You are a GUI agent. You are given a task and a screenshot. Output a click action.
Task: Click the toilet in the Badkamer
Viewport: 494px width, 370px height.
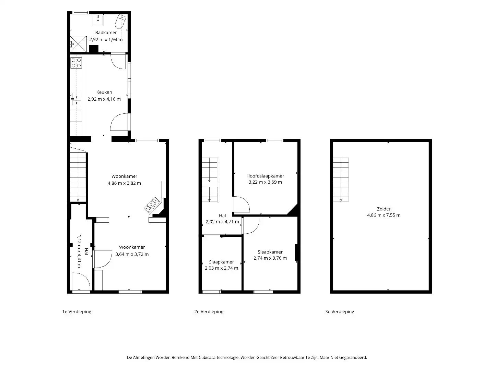[x=120, y=21]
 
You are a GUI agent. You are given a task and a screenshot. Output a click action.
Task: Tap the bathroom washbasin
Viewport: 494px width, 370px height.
[x=98, y=20]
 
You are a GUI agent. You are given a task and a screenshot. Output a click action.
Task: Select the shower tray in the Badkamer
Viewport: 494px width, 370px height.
[x=78, y=44]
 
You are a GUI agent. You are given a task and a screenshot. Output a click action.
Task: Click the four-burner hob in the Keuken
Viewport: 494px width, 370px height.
[x=76, y=63]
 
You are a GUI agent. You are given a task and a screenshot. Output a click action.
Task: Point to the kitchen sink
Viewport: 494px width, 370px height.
[x=77, y=99]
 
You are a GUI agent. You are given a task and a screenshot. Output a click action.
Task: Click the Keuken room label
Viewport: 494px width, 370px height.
[x=104, y=92]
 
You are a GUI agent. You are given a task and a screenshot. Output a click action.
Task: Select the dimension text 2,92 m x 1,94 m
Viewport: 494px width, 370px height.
[x=106, y=39]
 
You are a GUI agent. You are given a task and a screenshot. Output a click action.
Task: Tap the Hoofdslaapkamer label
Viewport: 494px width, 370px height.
[x=265, y=176]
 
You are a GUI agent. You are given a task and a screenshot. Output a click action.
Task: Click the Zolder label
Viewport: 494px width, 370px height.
[x=384, y=209]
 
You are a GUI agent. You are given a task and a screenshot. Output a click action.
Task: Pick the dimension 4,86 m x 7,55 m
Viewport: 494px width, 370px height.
[x=384, y=215]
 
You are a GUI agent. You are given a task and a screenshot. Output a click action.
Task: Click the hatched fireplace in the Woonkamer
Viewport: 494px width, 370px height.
[x=152, y=205]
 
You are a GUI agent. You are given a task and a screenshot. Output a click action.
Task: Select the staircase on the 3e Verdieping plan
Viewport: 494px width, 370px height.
[x=341, y=180]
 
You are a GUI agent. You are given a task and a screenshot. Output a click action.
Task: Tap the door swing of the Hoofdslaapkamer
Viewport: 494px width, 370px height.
[x=242, y=204]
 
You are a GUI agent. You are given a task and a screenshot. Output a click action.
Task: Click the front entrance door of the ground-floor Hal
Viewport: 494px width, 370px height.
[x=81, y=282]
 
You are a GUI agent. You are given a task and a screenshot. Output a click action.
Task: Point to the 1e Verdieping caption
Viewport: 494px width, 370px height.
[x=77, y=312]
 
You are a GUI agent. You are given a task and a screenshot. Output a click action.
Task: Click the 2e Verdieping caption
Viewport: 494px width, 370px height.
[x=209, y=312]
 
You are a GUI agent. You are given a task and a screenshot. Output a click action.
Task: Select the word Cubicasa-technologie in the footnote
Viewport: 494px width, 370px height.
[x=218, y=357]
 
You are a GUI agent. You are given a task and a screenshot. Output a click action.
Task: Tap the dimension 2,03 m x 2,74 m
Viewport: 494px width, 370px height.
[x=222, y=268]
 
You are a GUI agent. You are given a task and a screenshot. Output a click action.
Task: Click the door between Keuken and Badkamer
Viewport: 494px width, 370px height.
[x=118, y=61]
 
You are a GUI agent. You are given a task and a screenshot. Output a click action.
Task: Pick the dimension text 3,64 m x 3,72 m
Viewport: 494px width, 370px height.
[x=132, y=254]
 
